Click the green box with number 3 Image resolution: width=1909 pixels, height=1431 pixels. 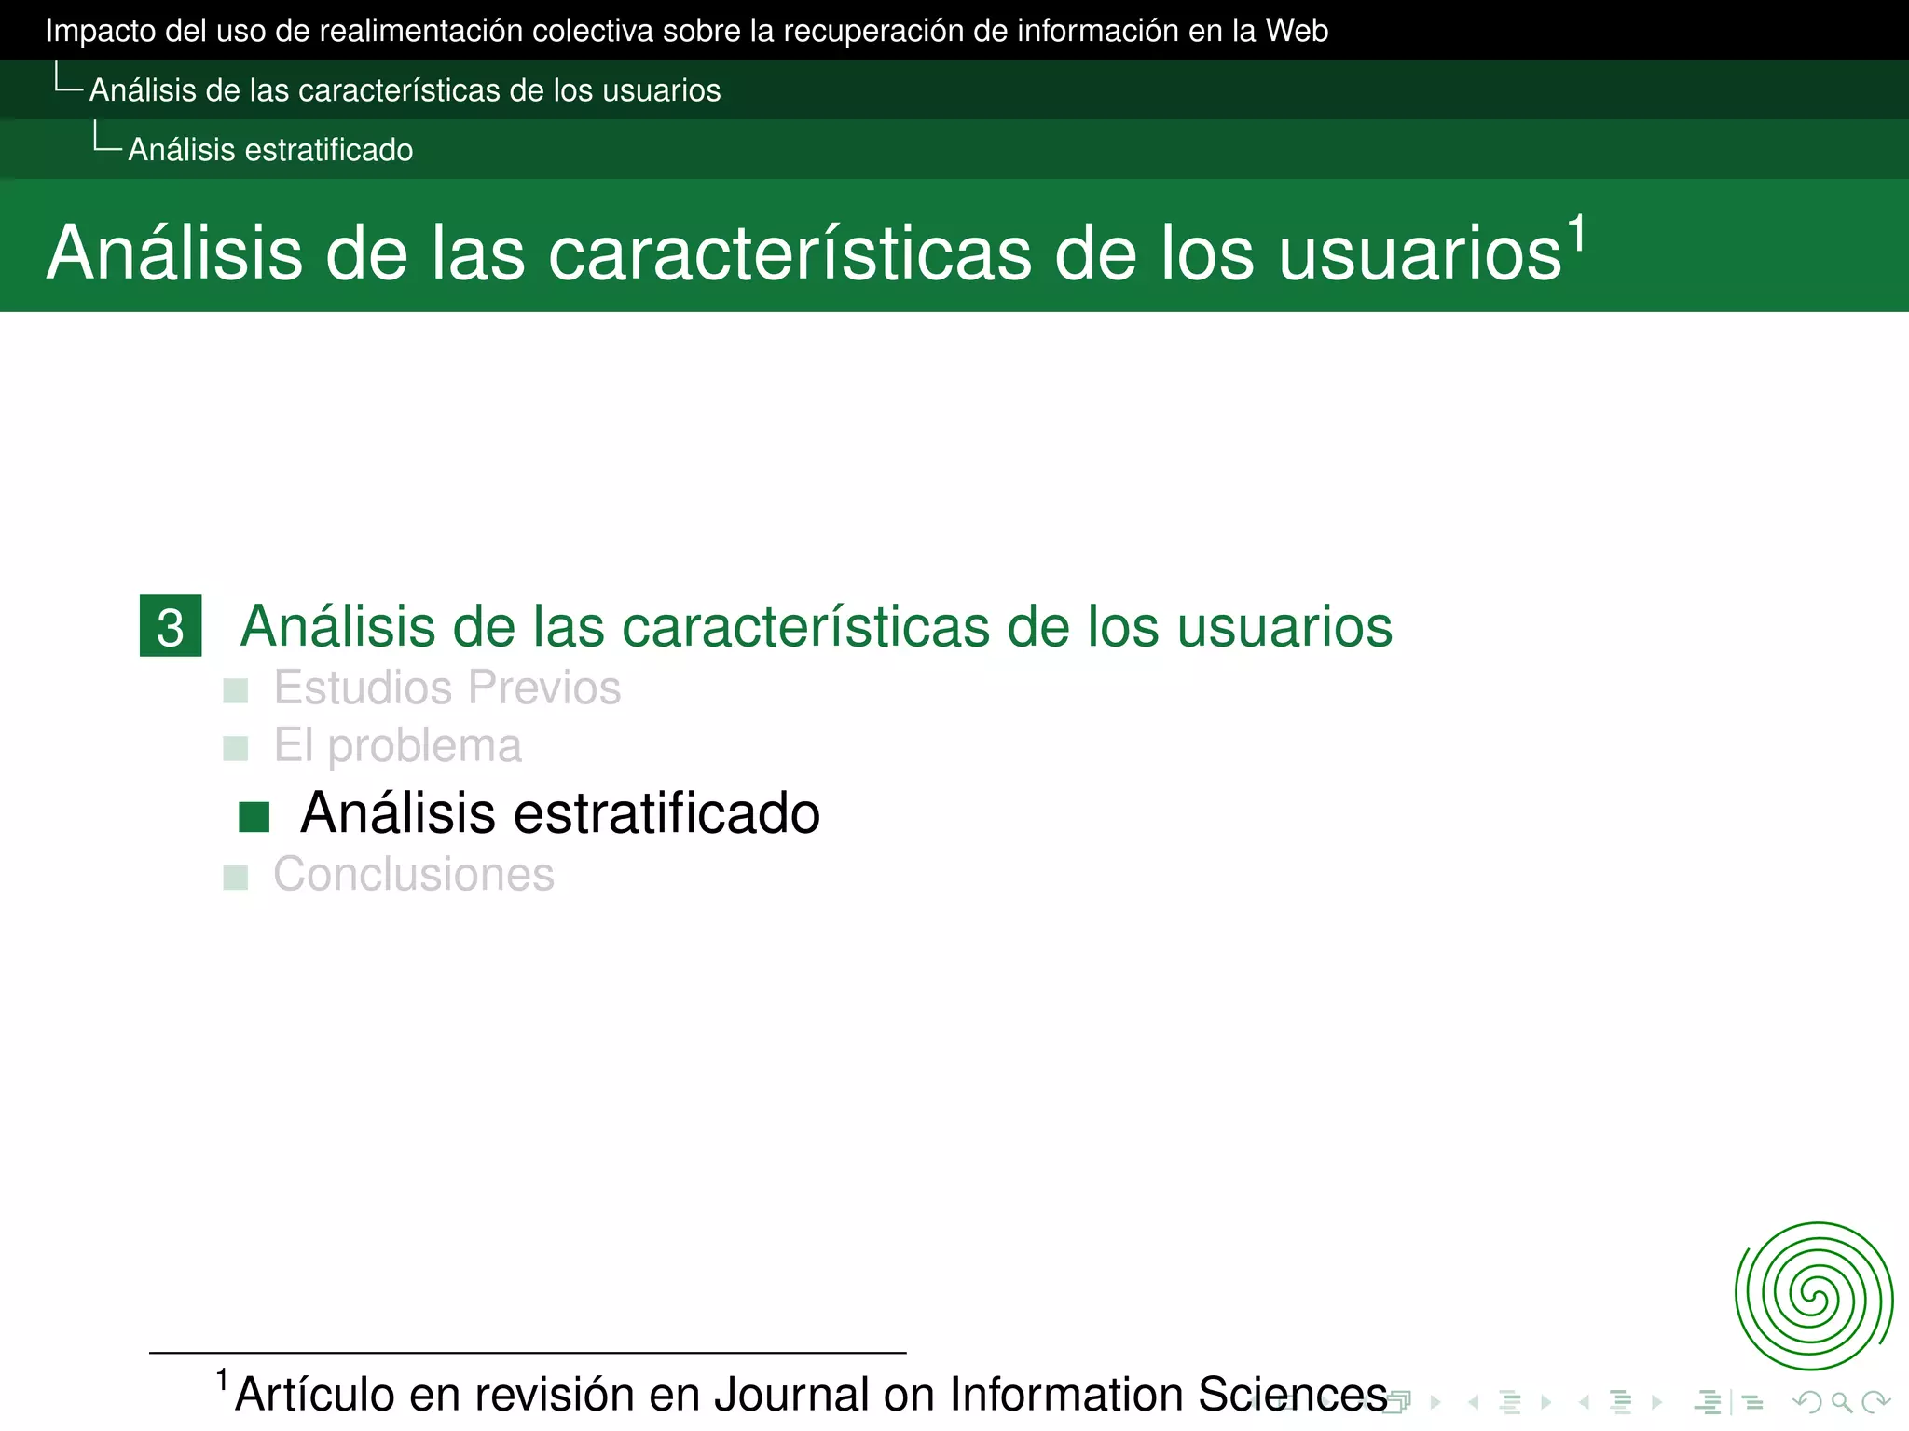[171, 626]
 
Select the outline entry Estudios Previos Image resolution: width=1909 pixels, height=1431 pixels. [446, 688]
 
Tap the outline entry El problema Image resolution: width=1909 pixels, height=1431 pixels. [397, 746]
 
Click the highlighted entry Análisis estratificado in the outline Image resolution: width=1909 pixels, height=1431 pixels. [559, 813]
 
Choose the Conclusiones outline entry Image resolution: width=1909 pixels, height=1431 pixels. [413, 875]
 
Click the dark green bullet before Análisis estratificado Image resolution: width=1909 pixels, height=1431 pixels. [254, 817]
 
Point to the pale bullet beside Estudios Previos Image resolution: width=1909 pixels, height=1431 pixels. [236, 691]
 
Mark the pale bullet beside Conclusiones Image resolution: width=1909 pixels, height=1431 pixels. [236, 878]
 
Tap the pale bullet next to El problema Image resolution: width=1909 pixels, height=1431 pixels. [236, 749]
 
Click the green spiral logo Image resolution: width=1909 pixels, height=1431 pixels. [1813, 1296]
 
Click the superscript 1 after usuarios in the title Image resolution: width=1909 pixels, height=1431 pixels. [1576, 234]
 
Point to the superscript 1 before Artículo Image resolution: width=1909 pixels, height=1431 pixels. [222, 1380]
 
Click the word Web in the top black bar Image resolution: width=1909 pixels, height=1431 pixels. [1297, 31]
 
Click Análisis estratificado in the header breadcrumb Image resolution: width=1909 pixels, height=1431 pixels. [270, 150]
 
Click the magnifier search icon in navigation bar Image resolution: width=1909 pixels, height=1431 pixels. [1841, 1402]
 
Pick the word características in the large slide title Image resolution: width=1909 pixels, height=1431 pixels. [790, 253]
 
